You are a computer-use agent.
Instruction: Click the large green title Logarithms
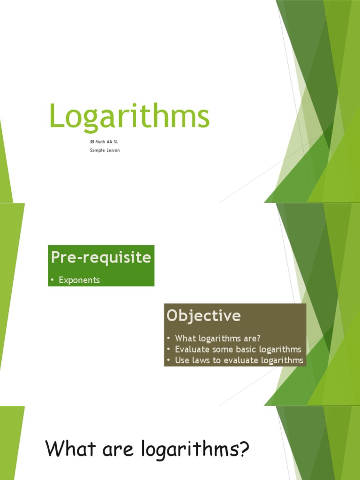pos(129,117)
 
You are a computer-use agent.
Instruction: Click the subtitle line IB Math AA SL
pos(101,141)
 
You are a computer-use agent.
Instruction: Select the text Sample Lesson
pos(105,150)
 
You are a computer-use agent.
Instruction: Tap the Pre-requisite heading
pos(101,257)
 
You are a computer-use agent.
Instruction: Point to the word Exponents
pos(79,280)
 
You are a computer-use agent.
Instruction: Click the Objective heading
pos(203,315)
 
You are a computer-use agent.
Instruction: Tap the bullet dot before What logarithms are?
pos(168,338)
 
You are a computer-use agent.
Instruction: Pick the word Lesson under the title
pos(112,150)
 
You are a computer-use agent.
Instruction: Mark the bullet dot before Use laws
pos(168,360)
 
